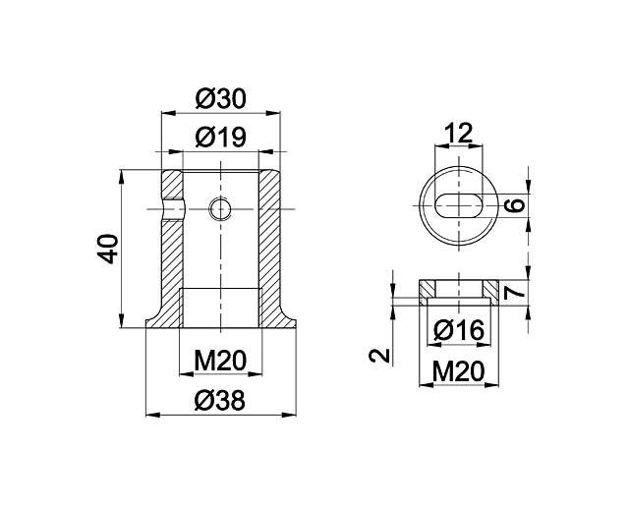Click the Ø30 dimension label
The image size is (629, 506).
pos(220,99)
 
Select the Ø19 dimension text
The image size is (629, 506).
pos(220,138)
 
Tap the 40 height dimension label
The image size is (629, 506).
pos(108,249)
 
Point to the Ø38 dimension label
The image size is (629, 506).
pos(219,401)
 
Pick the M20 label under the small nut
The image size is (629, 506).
pos(459,371)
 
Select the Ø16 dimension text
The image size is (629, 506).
pos(459,330)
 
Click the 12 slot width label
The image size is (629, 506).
pos(459,133)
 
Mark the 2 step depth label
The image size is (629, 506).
pos(379,356)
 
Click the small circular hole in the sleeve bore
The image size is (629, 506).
pos(220,209)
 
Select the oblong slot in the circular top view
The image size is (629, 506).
pos(459,205)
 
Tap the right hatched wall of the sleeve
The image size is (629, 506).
pos(273,249)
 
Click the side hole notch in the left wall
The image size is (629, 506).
pos(173,209)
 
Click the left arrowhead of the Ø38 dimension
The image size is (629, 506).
pos(152,415)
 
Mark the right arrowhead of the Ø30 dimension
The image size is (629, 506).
pos(273,113)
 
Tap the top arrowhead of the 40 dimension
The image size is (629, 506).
pos(122,177)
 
